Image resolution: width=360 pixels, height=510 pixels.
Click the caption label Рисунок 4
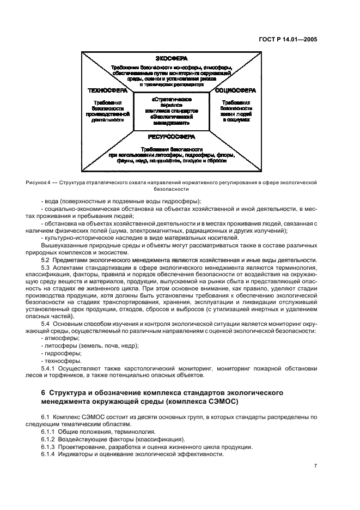coord(39,181)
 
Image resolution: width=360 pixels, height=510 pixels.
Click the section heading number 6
coord(44,393)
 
